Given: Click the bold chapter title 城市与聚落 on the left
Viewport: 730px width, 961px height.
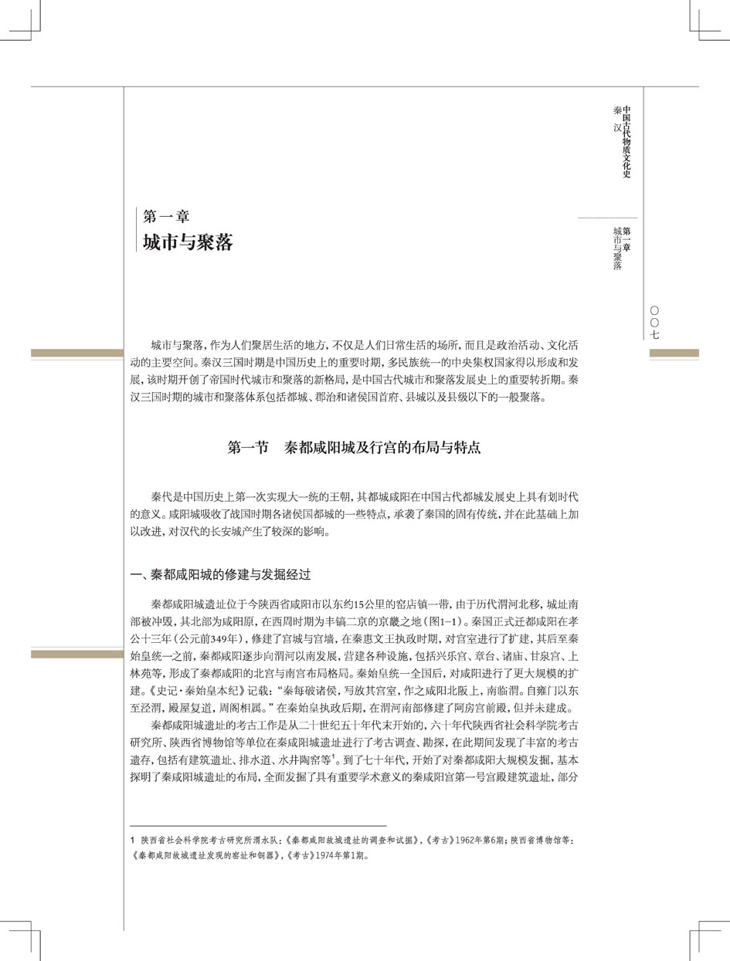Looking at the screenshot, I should [188, 242].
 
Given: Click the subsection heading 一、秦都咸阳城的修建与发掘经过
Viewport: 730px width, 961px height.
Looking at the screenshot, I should [221, 575].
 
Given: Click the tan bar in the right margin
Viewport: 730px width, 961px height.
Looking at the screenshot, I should [674, 354].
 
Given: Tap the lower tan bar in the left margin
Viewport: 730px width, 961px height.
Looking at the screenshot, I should [76, 655].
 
